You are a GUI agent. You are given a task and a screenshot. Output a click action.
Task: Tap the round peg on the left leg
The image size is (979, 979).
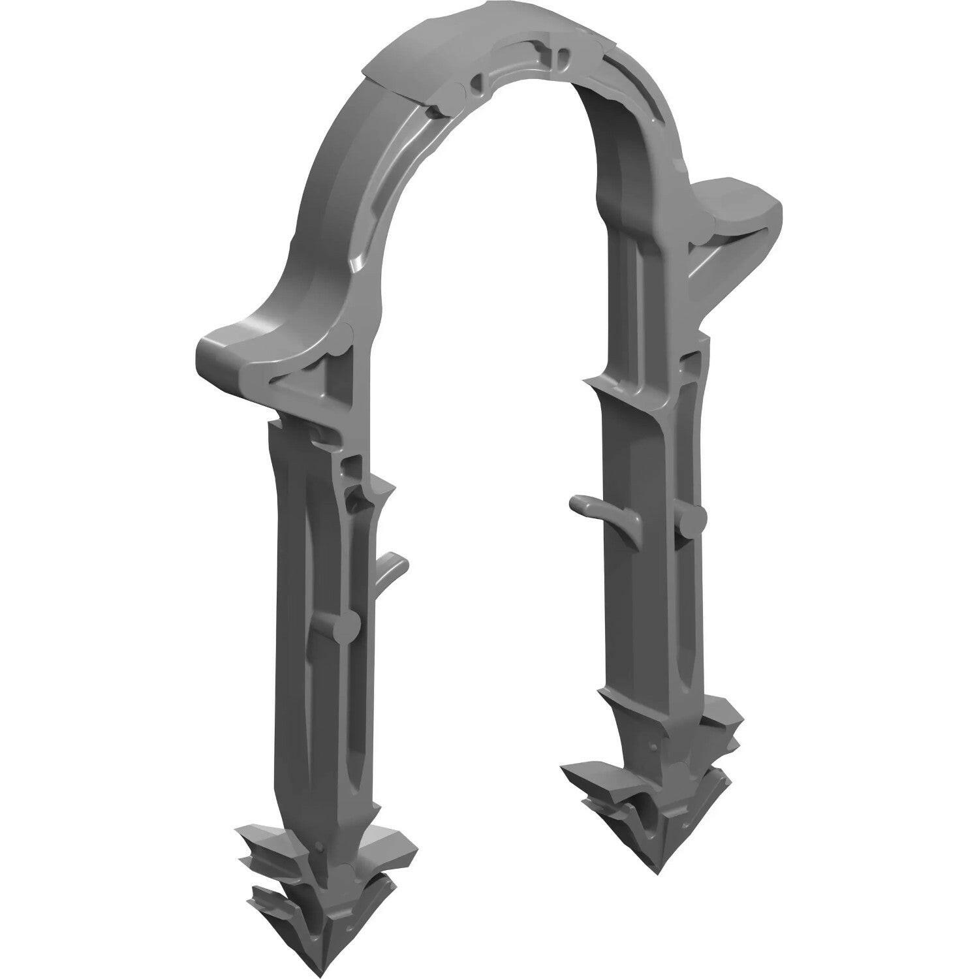click(x=349, y=627)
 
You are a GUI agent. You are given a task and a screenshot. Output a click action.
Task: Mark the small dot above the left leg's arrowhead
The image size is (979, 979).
click(x=319, y=848)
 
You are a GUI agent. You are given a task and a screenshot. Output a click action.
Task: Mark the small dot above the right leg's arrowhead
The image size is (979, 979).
click(x=653, y=747)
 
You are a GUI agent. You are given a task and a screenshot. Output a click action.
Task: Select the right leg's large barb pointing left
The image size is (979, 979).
click(x=587, y=777)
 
